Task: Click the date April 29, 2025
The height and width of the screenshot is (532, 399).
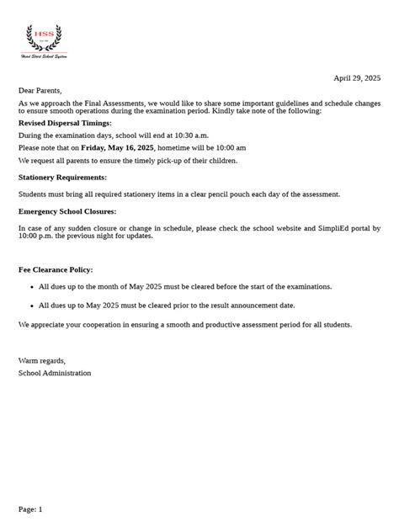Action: pyautogui.click(x=357, y=77)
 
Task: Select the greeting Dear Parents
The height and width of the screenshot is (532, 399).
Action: pyautogui.click(x=40, y=90)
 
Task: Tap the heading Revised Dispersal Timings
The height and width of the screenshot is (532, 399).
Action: pyautogui.click(x=65, y=123)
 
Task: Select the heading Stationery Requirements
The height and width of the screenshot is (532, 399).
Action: pyautogui.click(x=62, y=178)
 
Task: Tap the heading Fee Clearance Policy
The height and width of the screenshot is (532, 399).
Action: pyautogui.click(x=56, y=269)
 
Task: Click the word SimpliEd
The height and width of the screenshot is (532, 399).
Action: pyautogui.click(x=319, y=228)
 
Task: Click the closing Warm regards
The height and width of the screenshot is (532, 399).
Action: pyautogui.click(x=42, y=360)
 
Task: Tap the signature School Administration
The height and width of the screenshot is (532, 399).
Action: pyautogui.click(x=55, y=373)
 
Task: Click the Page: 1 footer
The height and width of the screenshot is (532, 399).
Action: pyautogui.click(x=30, y=508)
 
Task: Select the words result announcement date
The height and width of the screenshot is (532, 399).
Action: pyautogui.click(x=250, y=305)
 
